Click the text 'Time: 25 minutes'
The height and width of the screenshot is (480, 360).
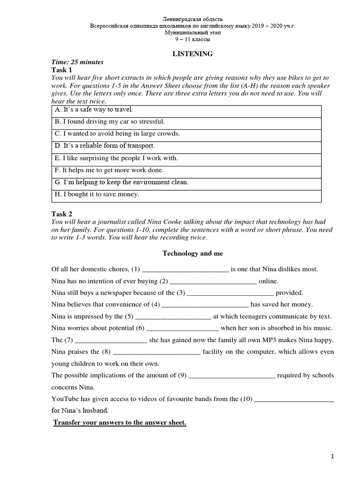77,62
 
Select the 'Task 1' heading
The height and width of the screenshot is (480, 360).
62,69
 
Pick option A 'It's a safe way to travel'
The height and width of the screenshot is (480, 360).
94,110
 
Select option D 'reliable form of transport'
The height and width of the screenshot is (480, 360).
105,146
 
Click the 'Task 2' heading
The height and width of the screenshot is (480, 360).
62,214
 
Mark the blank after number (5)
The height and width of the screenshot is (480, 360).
173,317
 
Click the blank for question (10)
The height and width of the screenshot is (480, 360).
293,400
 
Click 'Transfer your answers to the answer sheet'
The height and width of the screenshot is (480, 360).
120,423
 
